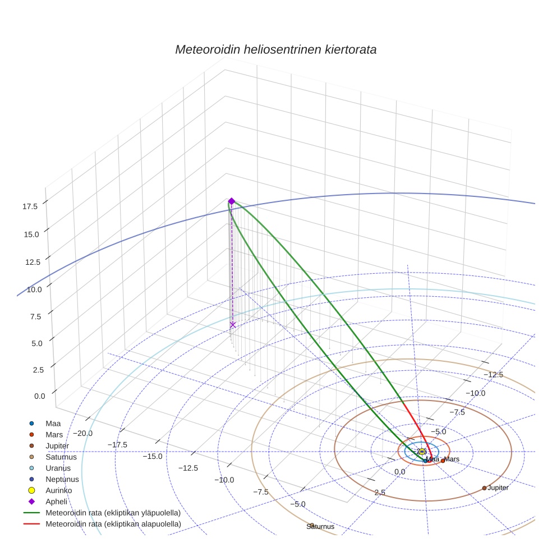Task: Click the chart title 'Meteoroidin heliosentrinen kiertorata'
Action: [275, 49]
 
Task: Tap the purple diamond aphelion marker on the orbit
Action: [231, 201]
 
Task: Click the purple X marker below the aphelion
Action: [233, 325]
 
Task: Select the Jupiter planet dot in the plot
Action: [484, 488]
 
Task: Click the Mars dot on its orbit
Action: [443, 461]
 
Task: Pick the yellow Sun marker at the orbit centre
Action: [422, 452]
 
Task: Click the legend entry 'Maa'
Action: [53, 423]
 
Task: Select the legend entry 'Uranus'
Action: [58, 468]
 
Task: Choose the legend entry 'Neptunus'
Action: [62, 479]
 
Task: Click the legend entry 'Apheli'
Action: [56, 502]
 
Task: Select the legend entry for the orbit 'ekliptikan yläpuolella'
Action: [113, 513]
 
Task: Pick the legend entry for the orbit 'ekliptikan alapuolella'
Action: [113, 524]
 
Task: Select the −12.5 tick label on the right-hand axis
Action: [494, 375]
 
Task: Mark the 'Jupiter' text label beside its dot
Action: [498, 488]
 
